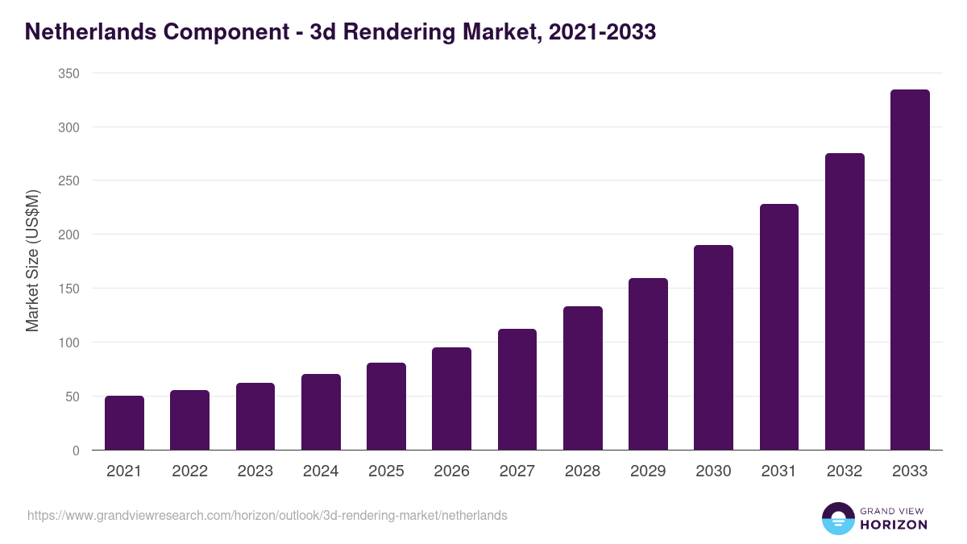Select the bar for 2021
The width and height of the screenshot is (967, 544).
pyautogui.click(x=124, y=423)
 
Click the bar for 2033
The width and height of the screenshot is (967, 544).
pyautogui.click(x=910, y=270)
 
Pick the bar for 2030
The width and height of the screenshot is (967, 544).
pyautogui.click(x=713, y=347)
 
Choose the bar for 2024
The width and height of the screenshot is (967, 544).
pyautogui.click(x=321, y=412)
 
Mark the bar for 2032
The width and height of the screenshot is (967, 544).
pyautogui.click(x=845, y=301)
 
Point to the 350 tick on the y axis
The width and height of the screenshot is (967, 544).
pyautogui.click(x=69, y=73)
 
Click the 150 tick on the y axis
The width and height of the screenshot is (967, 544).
pyautogui.click(x=69, y=289)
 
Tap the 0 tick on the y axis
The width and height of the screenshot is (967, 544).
pyautogui.click(x=76, y=451)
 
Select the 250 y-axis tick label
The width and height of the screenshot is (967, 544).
pyautogui.click(x=69, y=181)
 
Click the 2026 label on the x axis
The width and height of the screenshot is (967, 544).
pyautogui.click(x=451, y=471)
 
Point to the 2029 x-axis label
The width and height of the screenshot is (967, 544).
pyautogui.click(x=648, y=471)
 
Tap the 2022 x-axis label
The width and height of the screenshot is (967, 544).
pyautogui.click(x=189, y=471)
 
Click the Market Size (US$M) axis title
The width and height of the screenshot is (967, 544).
pyautogui.click(x=32, y=261)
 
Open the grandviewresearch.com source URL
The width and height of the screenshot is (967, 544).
pyautogui.click(x=268, y=515)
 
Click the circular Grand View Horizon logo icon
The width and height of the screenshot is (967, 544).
pyautogui.click(x=837, y=518)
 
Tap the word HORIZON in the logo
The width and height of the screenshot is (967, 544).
pyautogui.click(x=894, y=525)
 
